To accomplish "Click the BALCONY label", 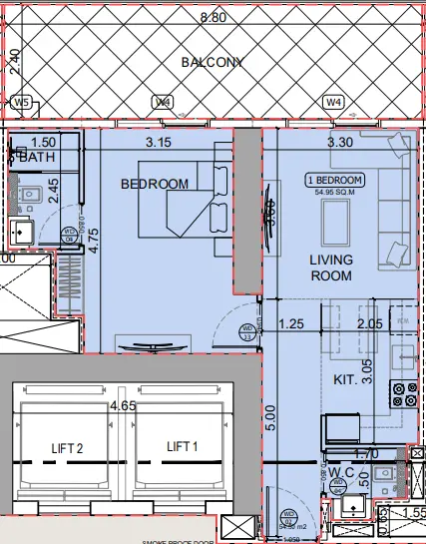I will click(x=213, y=62).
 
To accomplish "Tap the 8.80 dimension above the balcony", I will click(x=213, y=17).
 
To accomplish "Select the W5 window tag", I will click(x=21, y=102).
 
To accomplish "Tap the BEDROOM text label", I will click(x=155, y=184).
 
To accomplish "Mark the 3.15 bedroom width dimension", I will click(x=159, y=142).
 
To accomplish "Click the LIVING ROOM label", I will click(x=330, y=268).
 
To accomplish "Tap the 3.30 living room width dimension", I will click(x=341, y=142).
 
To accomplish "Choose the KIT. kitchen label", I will click(x=346, y=380).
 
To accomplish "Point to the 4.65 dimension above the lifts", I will click(x=123, y=405).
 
